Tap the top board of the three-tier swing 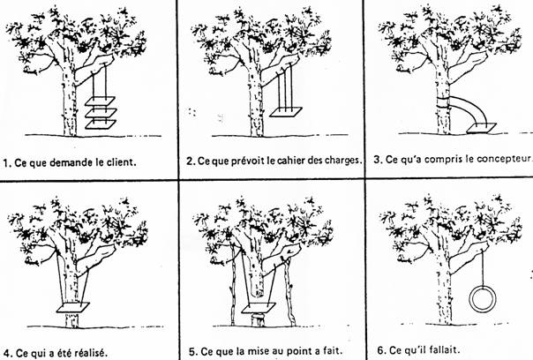coord(101,101)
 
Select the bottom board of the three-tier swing coord(101,124)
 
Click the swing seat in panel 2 coord(286,113)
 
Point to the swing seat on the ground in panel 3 coord(482,128)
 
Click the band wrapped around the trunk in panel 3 coord(444,102)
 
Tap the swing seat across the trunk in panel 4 coord(73,307)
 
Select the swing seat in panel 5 coord(259,308)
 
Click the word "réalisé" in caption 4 coord(94,352)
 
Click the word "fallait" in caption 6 coord(439,349)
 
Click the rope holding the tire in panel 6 coord(483,267)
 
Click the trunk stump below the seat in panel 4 coord(71,320)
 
